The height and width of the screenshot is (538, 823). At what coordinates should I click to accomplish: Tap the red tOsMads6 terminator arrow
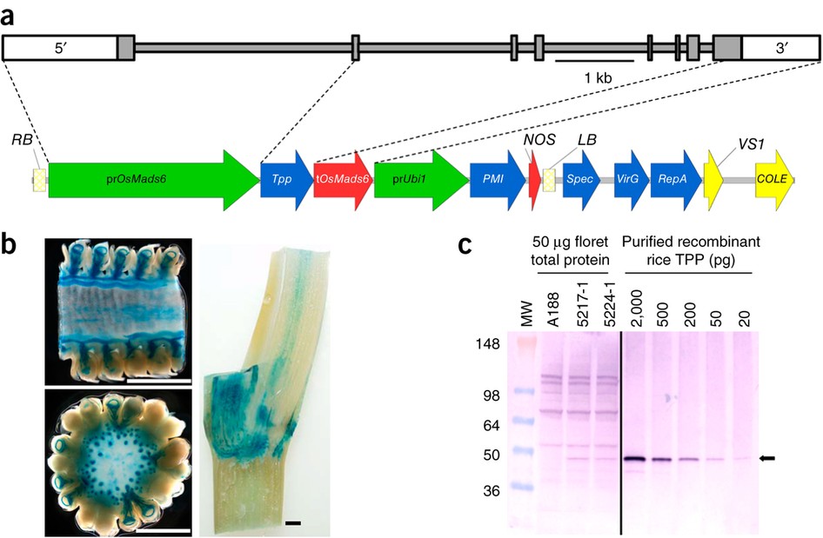point(342,179)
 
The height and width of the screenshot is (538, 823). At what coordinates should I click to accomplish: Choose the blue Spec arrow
point(582,179)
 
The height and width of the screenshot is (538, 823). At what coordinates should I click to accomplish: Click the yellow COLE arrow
point(773,179)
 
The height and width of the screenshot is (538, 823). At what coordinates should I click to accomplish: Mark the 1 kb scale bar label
point(599,77)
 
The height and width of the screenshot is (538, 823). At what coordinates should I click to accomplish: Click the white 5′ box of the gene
point(59,49)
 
